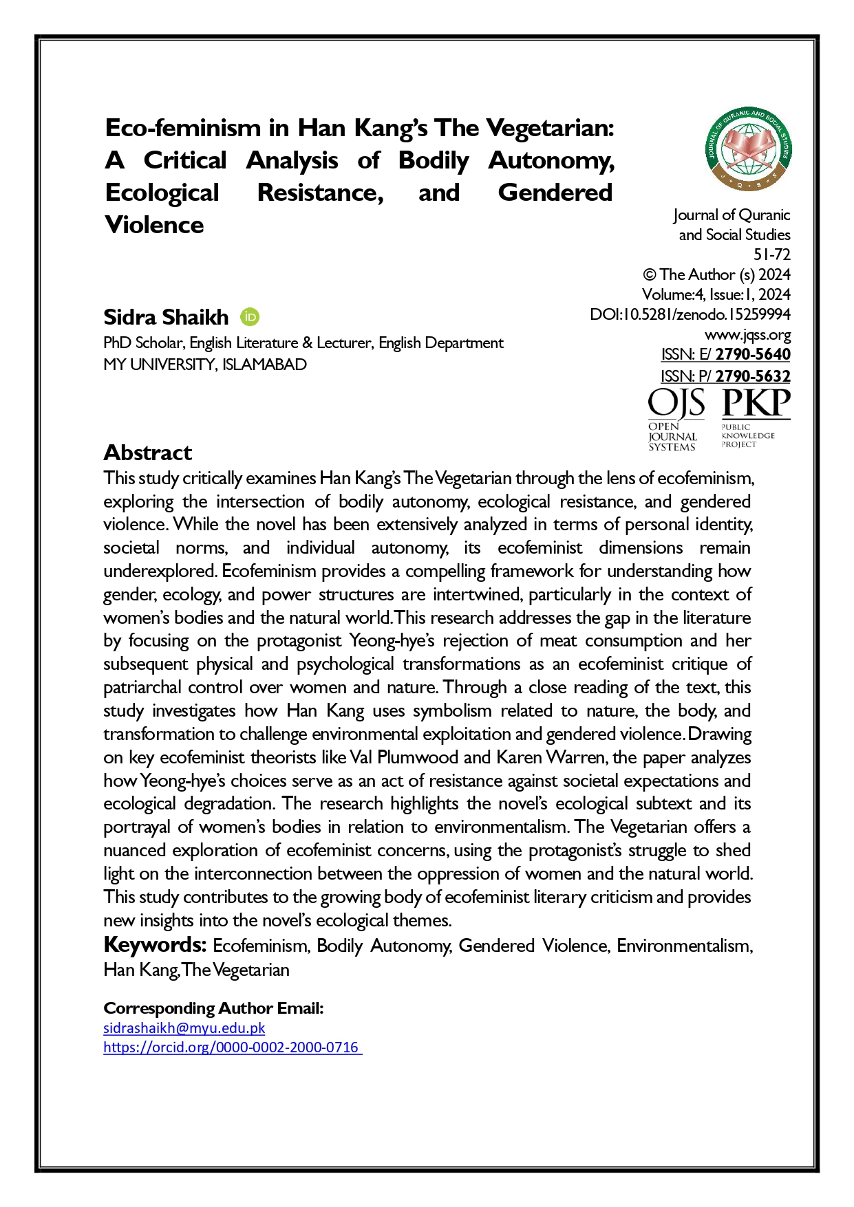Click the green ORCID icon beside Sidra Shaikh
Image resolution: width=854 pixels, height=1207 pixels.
pos(250,316)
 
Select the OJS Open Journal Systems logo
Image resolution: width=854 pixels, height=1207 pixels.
pos(676,418)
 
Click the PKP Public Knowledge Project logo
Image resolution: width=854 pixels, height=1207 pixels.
pos(756,417)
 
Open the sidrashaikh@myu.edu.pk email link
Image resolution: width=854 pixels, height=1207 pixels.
pos(184,1027)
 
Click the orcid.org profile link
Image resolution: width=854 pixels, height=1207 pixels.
pos(231,1047)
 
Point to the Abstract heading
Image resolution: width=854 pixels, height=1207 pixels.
pos(147,453)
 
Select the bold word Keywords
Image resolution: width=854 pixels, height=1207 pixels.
pos(155,944)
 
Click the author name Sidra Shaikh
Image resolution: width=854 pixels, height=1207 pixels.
pos(166,317)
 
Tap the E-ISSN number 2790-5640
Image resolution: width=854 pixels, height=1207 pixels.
pos(753,354)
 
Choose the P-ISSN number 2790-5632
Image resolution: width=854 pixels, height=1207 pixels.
pos(753,376)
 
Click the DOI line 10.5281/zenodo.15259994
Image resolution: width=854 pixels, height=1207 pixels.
pos(690,314)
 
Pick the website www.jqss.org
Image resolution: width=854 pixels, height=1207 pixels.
pos(747,335)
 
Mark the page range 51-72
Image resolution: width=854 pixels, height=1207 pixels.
pos(771,254)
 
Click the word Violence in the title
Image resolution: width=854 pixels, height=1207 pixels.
pos(154,225)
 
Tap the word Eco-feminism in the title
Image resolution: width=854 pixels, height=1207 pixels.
pos(183,128)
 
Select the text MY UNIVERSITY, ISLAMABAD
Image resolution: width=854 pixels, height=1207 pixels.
pos(205,365)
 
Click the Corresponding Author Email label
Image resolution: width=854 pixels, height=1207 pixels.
pos(213,1008)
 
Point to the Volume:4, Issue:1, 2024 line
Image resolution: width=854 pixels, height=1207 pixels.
pos(716,294)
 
